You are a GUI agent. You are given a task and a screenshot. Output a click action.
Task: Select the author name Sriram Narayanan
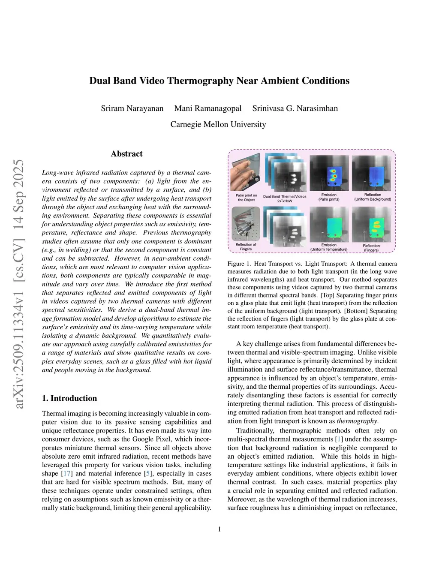(132, 108)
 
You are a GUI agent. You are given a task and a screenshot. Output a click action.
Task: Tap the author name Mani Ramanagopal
(208, 108)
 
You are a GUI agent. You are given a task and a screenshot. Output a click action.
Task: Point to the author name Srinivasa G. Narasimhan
(295, 108)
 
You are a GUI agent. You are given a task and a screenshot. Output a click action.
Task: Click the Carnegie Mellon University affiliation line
(218, 124)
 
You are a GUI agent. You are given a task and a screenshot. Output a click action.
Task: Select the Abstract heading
(126, 154)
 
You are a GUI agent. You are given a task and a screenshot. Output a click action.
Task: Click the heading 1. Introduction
(69, 398)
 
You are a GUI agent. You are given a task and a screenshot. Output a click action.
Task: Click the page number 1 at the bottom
(219, 529)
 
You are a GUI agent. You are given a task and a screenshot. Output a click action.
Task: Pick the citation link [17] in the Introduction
(67, 474)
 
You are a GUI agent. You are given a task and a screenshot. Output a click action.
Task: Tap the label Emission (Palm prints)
(329, 197)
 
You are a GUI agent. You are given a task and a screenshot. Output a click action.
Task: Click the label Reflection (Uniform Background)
(373, 197)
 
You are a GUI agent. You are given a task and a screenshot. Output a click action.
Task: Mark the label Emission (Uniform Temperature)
(329, 247)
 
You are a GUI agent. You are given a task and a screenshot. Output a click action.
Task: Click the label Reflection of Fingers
(246, 247)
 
